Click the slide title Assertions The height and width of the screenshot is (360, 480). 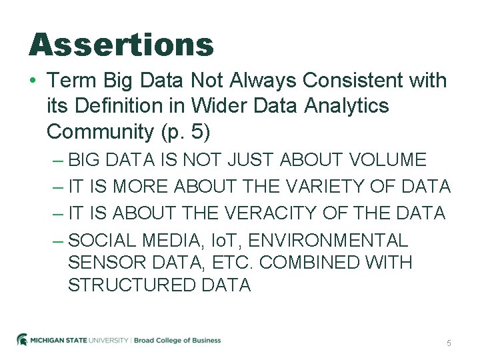tap(121, 45)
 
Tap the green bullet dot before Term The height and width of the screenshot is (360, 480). tap(33, 81)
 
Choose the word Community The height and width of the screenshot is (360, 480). tap(100, 132)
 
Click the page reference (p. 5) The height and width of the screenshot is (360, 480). tap(185, 132)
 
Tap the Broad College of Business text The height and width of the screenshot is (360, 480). tap(177, 340)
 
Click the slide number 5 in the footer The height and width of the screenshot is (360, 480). tap(449, 343)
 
